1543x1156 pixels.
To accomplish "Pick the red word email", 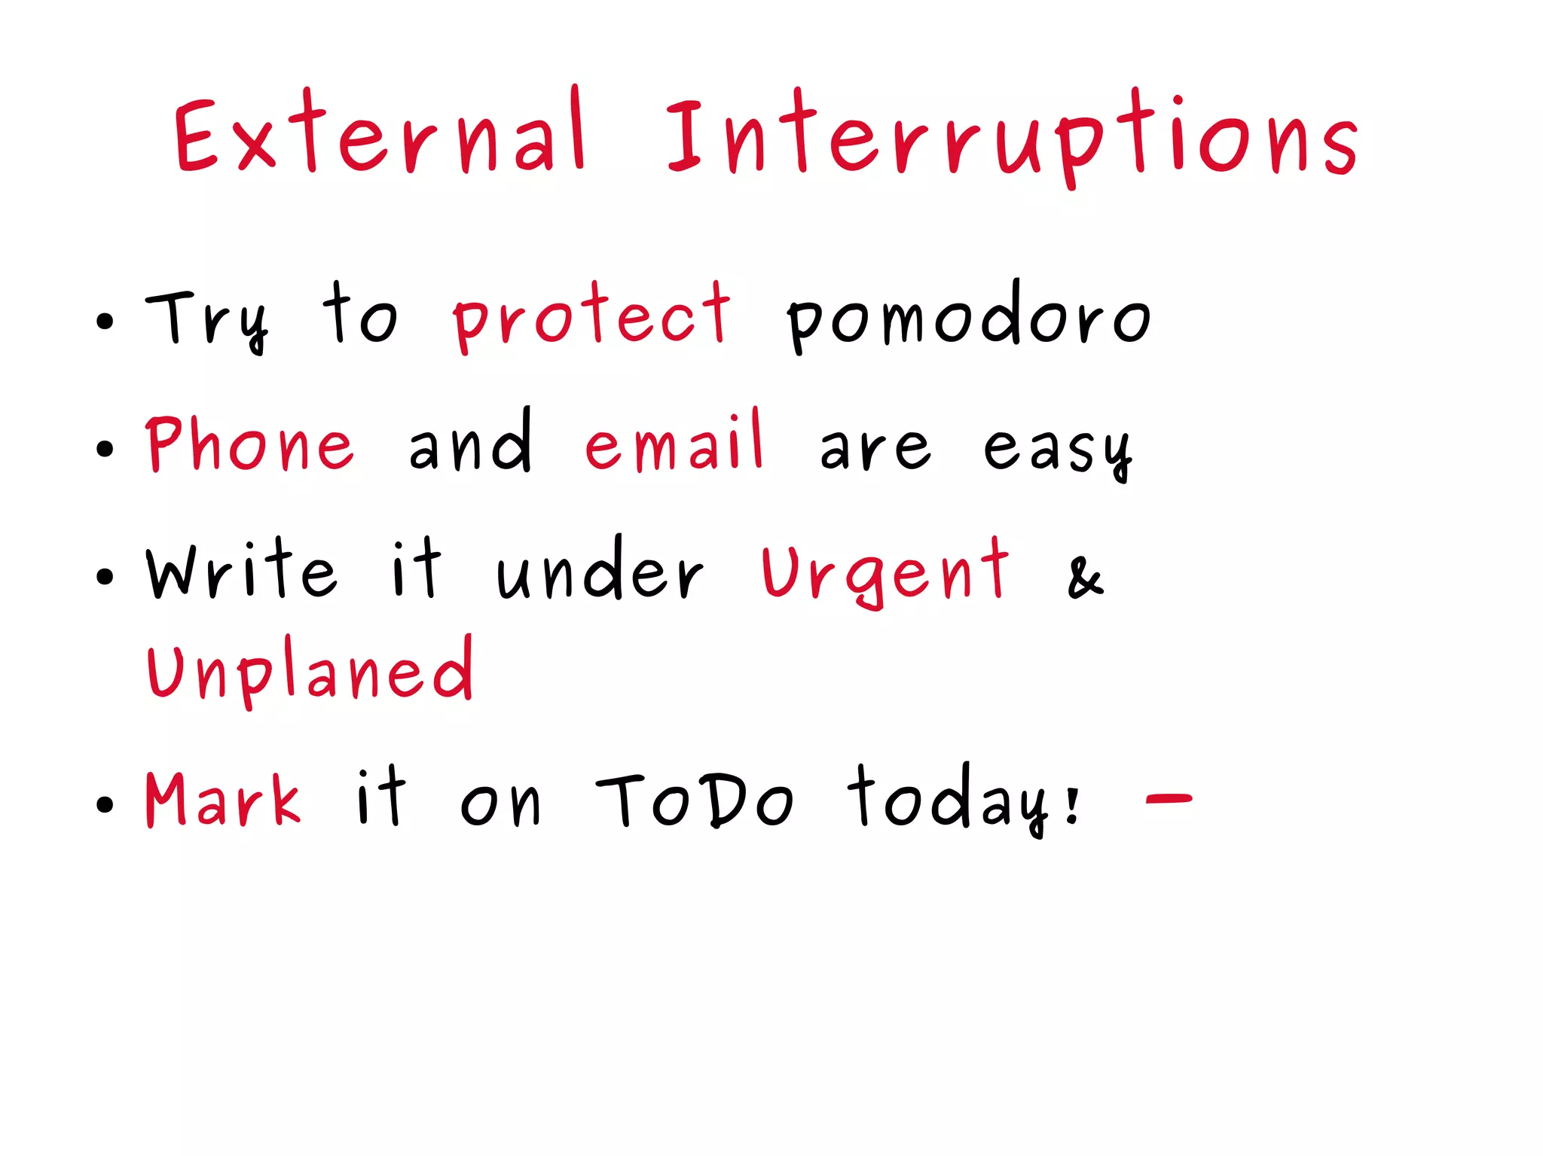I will pyautogui.click(x=674, y=444).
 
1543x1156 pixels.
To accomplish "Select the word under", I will pyautogui.click(x=600, y=572).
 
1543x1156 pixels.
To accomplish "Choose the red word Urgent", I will pyautogui.click(x=885, y=574).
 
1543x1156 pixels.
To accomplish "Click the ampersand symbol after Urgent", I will pyautogui.click(x=1086, y=578).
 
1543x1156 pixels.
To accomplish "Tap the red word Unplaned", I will pyautogui.click(x=310, y=670).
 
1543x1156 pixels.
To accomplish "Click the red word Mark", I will pyautogui.click(x=223, y=800).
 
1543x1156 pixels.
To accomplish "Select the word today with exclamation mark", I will pyautogui.click(x=964, y=800).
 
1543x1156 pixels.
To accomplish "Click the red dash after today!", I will pyautogui.click(x=1169, y=798).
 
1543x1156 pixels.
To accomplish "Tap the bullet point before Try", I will pyautogui.click(x=105, y=322).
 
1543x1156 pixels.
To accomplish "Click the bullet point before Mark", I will pyautogui.click(x=105, y=804).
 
